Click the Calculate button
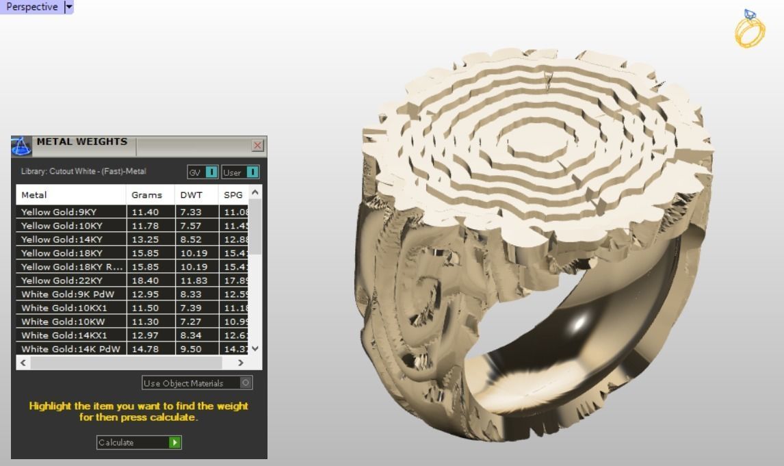(x=139, y=443)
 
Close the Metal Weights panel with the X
(x=257, y=145)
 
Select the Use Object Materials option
(x=197, y=383)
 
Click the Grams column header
(x=146, y=195)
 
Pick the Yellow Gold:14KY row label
(x=62, y=240)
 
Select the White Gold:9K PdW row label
(x=68, y=294)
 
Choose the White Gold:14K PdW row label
(x=70, y=349)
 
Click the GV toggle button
(x=202, y=172)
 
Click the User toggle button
(x=240, y=172)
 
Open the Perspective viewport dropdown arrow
(x=68, y=7)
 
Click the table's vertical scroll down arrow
(x=255, y=348)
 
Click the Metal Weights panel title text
(x=81, y=142)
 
